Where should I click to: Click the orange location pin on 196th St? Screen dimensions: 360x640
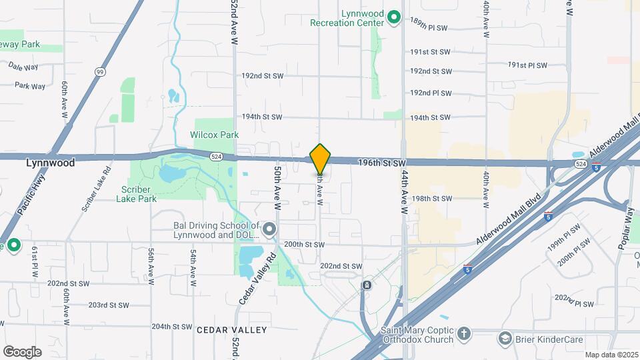click(x=321, y=159)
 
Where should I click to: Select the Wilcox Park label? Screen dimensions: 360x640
click(x=214, y=135)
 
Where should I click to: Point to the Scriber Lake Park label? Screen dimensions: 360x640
click(x=139, y=193)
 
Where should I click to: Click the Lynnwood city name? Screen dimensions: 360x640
click(x=50, y=162)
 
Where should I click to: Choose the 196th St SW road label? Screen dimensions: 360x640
click(x=381, y=163)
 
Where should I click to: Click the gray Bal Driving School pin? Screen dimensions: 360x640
click(x=269, y=230)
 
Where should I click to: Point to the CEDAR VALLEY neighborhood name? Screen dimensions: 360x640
click(x=231, y=330)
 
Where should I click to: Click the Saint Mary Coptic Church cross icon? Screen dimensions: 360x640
click(x=463, y=332)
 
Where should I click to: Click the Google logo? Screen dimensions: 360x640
click(x=22, y=352)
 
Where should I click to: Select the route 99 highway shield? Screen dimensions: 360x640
click(x=99, y=71)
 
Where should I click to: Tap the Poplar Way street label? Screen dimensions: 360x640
click(x=625, y=227)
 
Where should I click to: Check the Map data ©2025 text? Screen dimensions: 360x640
click(x=611, y=355)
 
